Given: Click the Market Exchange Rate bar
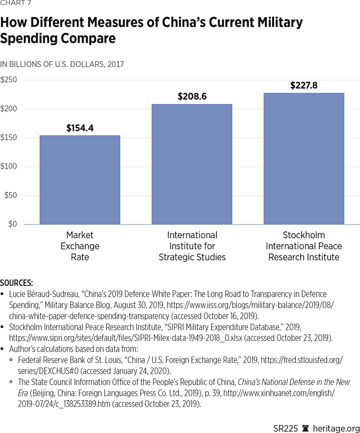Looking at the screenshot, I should [x=79, y=179].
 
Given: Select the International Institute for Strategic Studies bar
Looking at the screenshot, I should [x=192, y=164].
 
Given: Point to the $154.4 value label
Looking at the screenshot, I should [x=80, y=128].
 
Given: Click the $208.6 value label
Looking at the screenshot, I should [x=192, y=97].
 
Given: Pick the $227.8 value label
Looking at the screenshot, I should [x=304, y=85].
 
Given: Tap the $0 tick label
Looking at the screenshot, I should [x=12, y=224].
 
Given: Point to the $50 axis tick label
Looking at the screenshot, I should [x=11, y=195].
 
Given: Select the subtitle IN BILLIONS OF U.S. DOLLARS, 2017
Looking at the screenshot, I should [x=62, y=64].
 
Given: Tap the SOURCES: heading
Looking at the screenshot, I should [x=17, y=283].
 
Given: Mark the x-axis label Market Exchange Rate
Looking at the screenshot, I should [x=79, y=246].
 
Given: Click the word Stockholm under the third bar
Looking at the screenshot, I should [x=304, y=235].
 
